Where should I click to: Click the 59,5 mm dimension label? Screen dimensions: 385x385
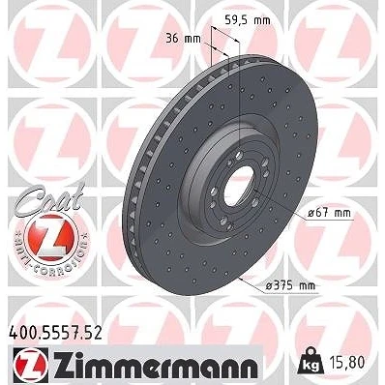pos(248,20)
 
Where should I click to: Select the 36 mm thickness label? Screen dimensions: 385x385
pos(183,39)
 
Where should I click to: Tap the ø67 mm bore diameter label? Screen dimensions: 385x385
pos(329,213)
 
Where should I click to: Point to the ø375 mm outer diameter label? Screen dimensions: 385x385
pos(291,285)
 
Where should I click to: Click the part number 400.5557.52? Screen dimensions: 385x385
pos(54,333)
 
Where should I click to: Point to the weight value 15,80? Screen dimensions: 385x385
pos(345,362)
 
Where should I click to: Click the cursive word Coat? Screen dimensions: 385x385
pos(48,196)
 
